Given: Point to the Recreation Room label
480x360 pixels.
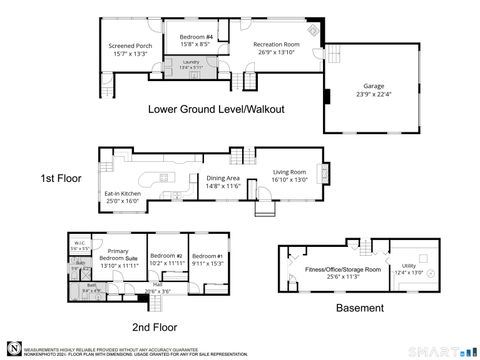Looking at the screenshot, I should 276,47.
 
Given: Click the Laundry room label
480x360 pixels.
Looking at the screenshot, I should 190,65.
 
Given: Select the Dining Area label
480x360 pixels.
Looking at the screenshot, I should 223,182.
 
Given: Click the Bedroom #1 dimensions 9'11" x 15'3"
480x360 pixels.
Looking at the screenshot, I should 207,263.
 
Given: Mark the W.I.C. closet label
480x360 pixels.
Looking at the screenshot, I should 79,243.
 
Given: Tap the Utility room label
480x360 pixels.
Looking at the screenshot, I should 410,267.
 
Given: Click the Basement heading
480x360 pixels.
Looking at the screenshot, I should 359,308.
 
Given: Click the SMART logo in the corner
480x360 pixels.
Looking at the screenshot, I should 447,351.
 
